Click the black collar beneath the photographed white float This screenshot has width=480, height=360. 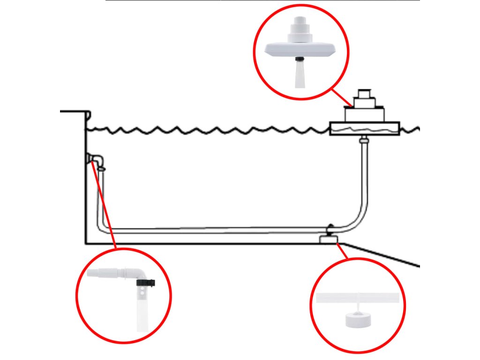[x=300, y=60]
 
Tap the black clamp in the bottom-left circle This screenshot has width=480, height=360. [x=146, y=283]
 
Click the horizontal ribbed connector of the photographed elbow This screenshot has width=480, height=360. [x=110, y=274]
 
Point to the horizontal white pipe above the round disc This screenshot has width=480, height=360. [x=359, y=298]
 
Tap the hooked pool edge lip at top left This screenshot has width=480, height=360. [x=87, y=115]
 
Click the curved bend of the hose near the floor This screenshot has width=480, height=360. [x=359, y=220]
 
